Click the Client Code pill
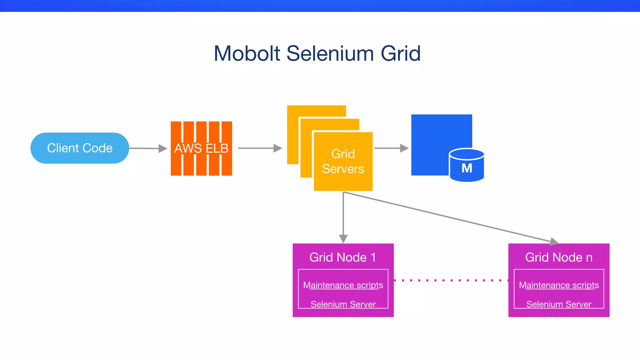80,148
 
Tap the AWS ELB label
201,148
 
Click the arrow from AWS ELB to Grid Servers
259,148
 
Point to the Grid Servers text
343,161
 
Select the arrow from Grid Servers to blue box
391,148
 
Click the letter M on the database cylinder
467,168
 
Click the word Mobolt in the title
247,53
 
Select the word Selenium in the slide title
330,53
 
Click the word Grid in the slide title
401,53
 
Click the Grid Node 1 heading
342,257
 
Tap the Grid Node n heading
559,257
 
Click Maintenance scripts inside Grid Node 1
343,285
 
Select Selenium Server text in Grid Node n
559,304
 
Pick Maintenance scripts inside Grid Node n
559,285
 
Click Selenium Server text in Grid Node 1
343,304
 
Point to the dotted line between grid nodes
451,280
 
